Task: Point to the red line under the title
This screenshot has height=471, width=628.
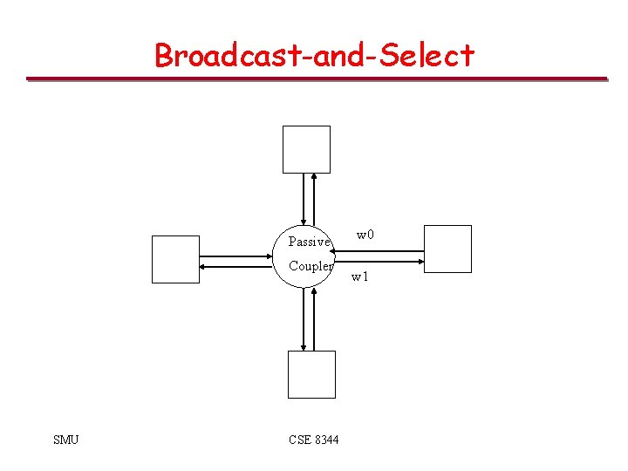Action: tap(316, 79)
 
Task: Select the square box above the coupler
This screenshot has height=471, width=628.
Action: tap(306, 149)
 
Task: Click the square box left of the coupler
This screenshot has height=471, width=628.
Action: tap(175, 259)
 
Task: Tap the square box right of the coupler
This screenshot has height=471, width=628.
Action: tap(447, 249)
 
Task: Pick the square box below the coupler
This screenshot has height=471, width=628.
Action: tap(311, 374)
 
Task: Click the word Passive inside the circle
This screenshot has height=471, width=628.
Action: tap(310, 242)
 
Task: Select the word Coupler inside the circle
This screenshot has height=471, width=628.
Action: tap(311, 266)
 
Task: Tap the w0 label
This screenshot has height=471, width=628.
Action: tap(365, 235)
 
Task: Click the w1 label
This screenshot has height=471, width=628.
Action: tap(360, 277)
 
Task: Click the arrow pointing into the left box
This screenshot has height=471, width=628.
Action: tap(235, 265)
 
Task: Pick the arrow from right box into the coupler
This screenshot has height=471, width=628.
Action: tap(379, 252)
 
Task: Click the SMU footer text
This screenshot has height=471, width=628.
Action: tap(65, 440)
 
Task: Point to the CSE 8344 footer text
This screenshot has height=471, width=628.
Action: tap(314, 440)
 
